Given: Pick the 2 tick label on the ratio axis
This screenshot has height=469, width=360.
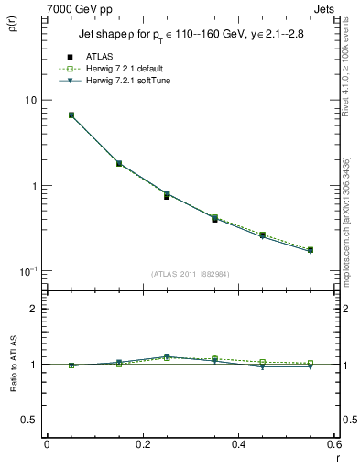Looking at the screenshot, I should [34, 309].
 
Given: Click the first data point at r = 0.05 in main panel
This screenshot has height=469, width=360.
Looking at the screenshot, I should [71, 115].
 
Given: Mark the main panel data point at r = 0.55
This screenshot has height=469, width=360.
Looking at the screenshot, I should [311, 250].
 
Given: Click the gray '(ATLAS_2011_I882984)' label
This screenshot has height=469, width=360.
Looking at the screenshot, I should [191, 273].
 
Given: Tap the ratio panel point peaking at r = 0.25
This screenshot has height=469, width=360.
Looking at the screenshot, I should [167, 356].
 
